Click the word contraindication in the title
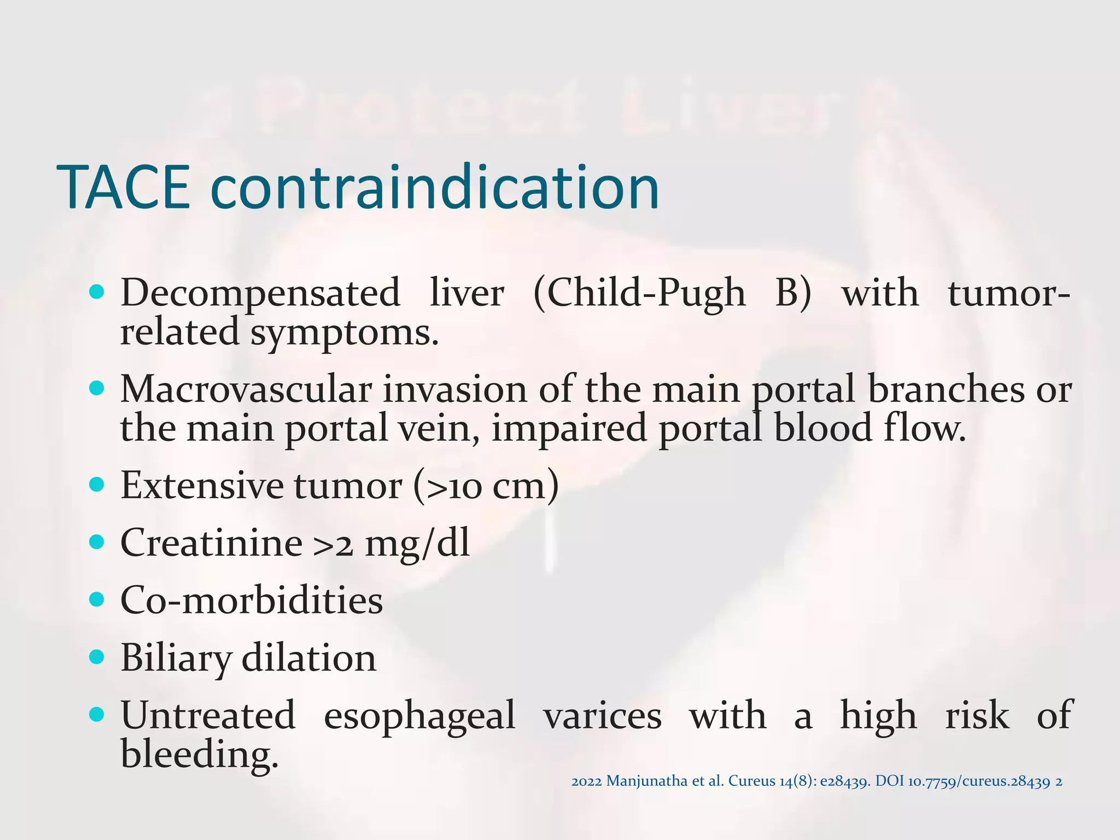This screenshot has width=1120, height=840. [x=434, y=188]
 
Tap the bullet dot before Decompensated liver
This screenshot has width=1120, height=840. [x=96, y=293]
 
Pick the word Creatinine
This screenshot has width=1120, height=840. [x=211, y=543]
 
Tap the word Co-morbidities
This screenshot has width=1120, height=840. [x=252, y=600]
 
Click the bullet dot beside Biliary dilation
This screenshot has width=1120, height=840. [x=96, y=656]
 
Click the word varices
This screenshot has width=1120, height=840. [x=602, y=716]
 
